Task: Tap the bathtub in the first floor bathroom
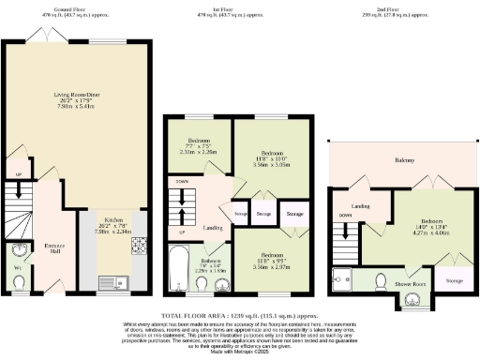coord(178,258)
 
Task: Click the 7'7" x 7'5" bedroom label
coord(197,147)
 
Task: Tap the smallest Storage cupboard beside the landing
coord(241,213)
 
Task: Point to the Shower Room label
coord(410,282)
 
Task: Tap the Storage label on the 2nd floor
coord(454,280)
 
